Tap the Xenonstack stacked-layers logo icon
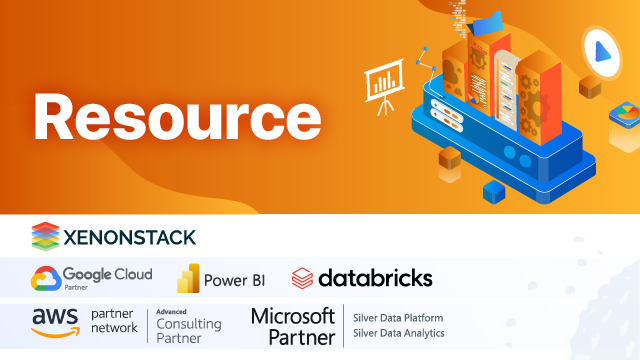point(45,236)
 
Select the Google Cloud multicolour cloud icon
point(44,277)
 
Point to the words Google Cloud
point(107,273)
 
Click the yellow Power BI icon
point(188,278)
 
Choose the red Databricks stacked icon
point(302,278)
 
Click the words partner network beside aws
point(114,321)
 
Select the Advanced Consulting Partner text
point(191,322)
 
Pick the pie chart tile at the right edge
point(627,122)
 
